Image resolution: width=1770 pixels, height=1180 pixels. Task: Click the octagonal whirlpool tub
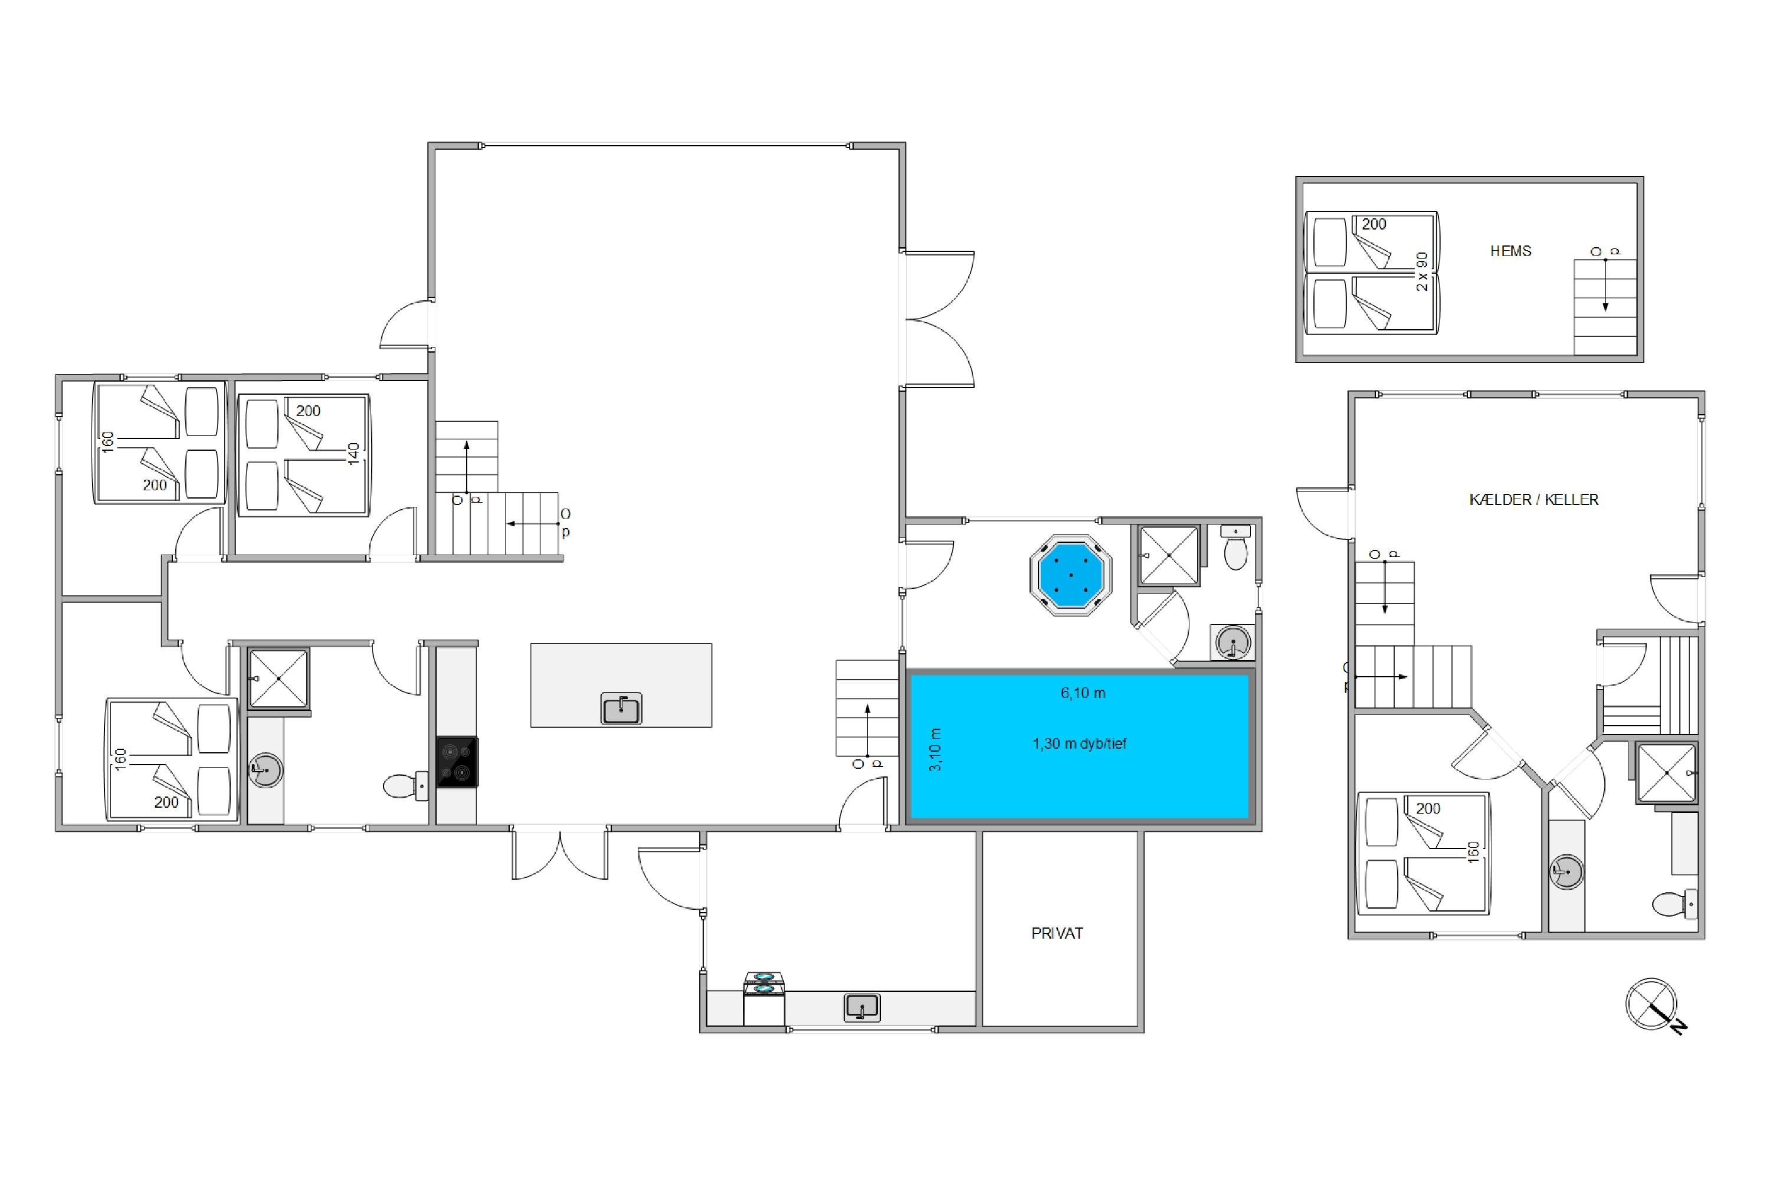click(1070, 574)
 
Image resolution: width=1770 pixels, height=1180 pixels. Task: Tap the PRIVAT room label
click(1057, 933)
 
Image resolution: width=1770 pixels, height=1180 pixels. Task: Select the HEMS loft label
click(1510, 251)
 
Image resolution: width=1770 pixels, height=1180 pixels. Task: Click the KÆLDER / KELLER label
click(1533, 500)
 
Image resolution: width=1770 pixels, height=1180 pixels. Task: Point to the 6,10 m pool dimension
click(1083, 693)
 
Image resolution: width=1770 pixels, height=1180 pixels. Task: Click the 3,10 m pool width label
click(935, 749)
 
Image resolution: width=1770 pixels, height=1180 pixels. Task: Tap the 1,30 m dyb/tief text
click(1079, 743)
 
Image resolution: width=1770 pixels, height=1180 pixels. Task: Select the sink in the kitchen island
click(621, 708)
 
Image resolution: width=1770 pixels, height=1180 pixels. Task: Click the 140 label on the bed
click(353, 454)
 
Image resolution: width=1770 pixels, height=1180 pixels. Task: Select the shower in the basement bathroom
click(1666, 773)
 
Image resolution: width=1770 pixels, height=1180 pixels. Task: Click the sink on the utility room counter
click(861, 1007)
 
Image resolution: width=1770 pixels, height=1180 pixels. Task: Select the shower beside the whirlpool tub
click(1169, 555)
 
